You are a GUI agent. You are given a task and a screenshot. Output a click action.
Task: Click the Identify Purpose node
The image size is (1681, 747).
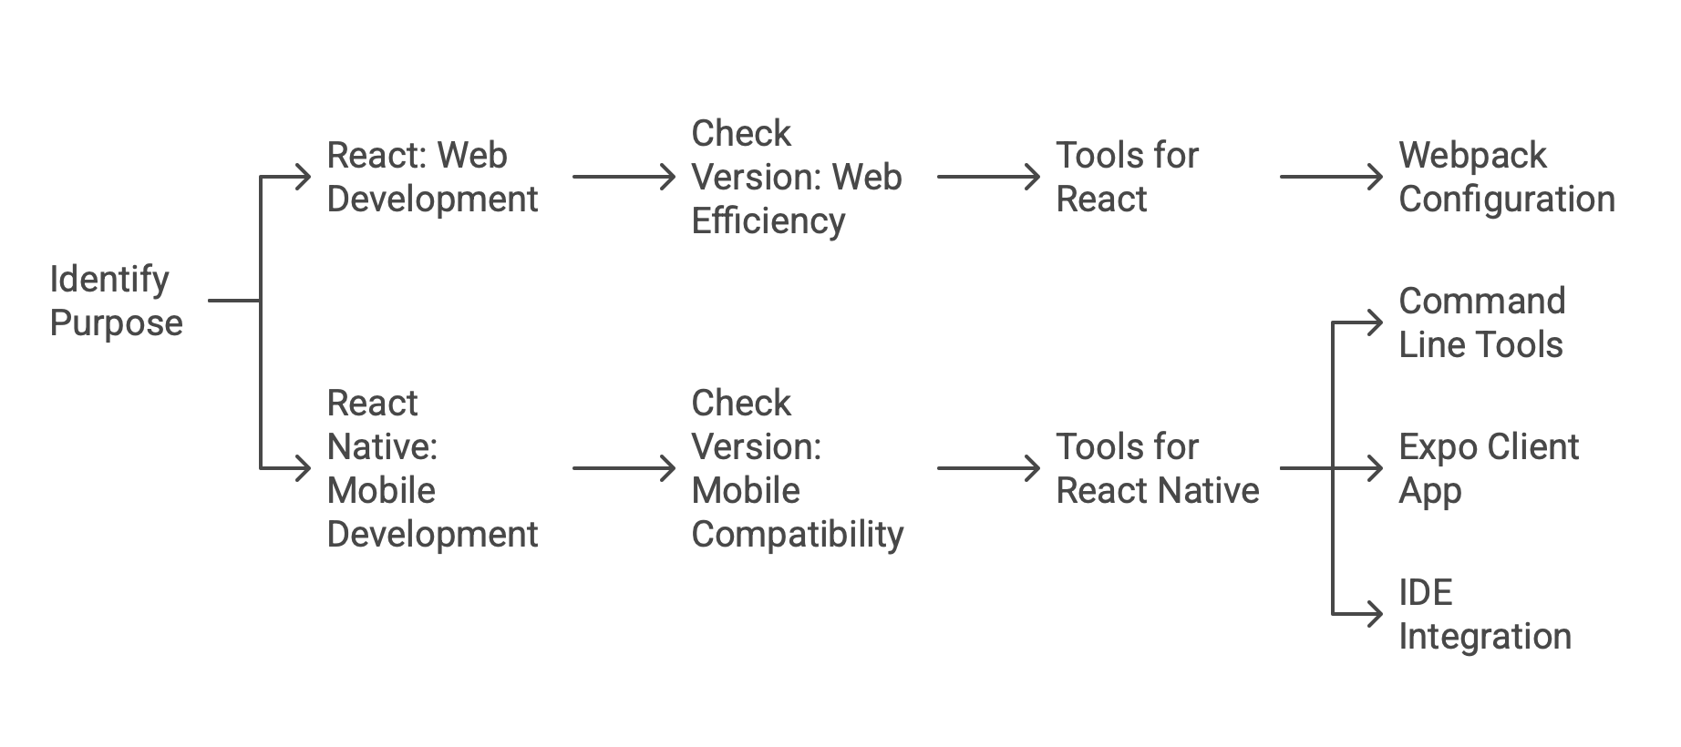coord(116,301)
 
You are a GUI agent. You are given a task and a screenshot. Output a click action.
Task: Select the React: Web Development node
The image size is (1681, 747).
coord(431,177)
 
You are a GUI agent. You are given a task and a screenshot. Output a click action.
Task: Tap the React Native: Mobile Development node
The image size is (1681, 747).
coord(431,468)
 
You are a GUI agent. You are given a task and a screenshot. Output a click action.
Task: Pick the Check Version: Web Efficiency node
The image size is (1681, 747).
coord(796,177)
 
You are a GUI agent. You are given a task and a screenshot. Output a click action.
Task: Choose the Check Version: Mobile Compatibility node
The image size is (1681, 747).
coord(796,468)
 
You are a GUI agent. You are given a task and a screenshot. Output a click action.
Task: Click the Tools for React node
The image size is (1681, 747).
coord(1127,177)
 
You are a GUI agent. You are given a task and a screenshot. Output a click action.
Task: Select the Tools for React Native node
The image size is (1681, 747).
coord(1157,468)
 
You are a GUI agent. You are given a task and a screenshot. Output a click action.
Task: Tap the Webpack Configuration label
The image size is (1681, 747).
coord(1506,177)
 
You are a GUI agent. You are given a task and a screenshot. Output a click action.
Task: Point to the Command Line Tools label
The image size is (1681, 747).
coord(1481,322)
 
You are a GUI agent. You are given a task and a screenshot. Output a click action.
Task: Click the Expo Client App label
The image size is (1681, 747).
coord(1488,468)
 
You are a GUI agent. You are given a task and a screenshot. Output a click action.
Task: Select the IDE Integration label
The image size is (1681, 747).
coord(1484,614)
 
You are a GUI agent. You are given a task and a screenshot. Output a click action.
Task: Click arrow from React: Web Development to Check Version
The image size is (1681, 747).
coord(624,177)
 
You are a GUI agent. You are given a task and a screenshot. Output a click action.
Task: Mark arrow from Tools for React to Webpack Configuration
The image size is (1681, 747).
coord(1331,177)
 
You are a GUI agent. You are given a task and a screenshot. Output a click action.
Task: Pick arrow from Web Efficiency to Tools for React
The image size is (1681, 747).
coord(988,177)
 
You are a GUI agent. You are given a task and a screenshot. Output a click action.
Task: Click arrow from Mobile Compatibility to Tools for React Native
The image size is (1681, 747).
coord(988,468)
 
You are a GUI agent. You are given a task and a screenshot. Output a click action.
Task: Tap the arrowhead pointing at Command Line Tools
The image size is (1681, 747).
coord(1376,322)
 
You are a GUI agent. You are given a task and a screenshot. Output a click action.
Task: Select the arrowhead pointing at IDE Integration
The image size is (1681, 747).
coord(1376,614)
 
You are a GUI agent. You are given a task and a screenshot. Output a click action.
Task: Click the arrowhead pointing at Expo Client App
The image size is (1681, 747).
coord(1376,468)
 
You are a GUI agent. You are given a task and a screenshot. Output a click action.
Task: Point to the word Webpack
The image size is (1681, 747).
coord(1472,156)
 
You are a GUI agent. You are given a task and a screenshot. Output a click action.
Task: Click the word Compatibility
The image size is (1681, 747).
coord(797,534)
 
